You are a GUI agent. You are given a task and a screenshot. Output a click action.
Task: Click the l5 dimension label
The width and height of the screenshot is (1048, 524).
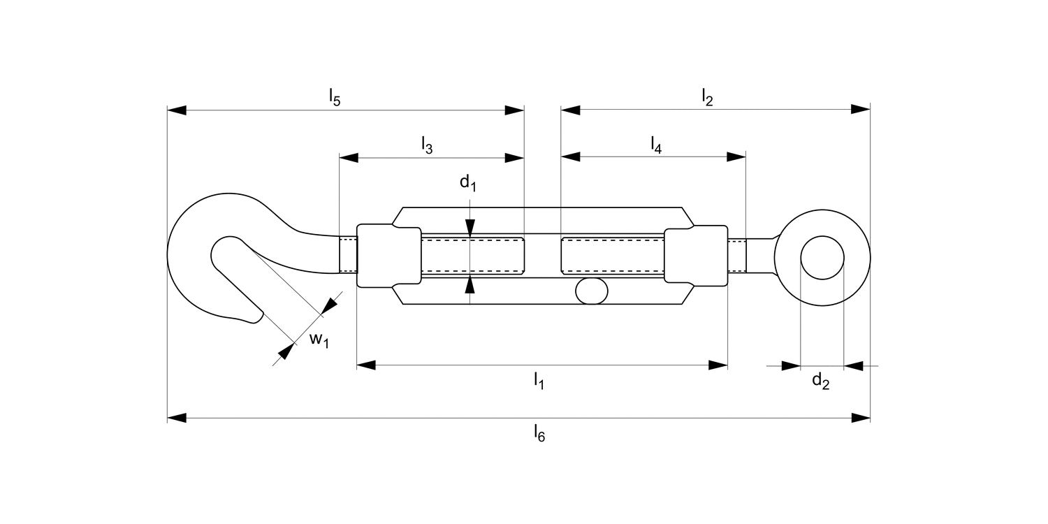335,99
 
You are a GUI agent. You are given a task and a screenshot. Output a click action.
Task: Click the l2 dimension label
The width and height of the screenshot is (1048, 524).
707,99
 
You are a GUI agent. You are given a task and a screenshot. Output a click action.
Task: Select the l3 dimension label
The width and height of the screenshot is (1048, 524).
427,145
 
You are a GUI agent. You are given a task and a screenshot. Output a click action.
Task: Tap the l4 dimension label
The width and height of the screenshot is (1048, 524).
656,145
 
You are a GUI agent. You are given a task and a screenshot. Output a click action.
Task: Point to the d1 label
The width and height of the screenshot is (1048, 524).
467,183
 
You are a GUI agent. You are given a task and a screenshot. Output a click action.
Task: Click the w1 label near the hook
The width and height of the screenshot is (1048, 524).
319,340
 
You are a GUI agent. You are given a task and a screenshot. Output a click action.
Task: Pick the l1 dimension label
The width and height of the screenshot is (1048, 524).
539,381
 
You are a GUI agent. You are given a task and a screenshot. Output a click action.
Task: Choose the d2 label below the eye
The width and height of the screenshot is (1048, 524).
820,381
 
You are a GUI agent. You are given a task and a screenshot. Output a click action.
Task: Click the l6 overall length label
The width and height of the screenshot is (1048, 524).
539,434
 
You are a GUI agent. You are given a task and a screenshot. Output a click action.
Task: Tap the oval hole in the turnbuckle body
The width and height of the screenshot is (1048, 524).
591,291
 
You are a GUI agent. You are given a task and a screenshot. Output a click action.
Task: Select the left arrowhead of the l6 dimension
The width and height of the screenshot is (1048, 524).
177,418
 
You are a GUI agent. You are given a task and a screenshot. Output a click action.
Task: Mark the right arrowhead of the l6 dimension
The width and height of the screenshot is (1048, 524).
861,418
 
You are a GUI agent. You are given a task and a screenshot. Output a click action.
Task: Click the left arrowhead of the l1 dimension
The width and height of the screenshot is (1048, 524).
366,365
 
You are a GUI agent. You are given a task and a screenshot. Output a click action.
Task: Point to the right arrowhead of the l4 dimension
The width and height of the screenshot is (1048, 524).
736,157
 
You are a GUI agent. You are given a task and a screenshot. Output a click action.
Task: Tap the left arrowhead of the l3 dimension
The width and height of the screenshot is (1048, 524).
349,157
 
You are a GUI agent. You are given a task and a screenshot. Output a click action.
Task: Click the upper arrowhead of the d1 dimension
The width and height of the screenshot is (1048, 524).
470,226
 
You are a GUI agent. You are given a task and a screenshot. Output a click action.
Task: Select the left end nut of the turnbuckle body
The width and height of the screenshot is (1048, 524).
388,256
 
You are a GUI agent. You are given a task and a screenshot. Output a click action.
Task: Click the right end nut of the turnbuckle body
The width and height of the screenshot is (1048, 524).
696,256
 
